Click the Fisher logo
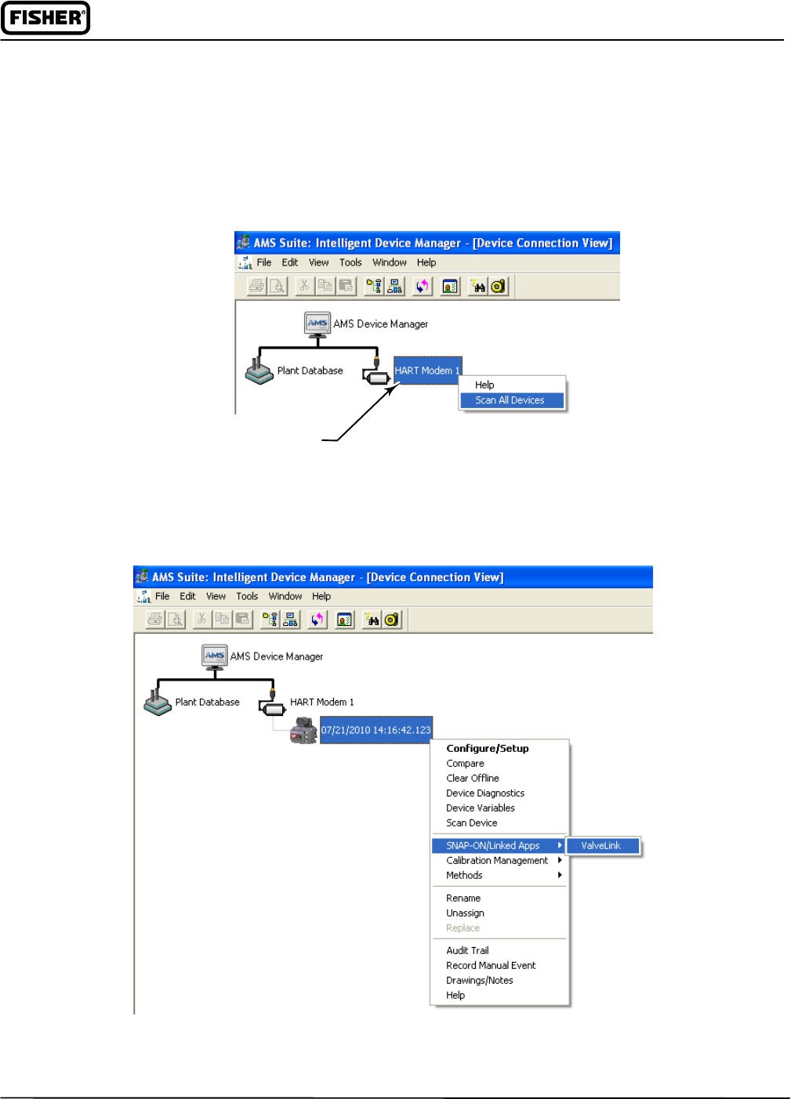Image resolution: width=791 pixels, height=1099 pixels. pos(45,18)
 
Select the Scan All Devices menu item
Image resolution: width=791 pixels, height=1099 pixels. pos(510,400)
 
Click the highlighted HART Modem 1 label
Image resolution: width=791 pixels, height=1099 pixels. pos(427,371)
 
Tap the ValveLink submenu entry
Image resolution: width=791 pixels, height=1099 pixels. pos(601,846)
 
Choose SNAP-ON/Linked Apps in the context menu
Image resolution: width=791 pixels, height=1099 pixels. pos(493,846)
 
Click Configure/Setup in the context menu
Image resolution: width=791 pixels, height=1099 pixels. pos(488,749)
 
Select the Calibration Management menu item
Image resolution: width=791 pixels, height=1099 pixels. pos(497,861)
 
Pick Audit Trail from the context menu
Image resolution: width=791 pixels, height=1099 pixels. pos(467,951)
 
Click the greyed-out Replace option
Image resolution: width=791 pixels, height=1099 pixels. pos(463,928)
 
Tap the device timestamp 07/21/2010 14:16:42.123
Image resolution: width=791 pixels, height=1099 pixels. pos(376,730)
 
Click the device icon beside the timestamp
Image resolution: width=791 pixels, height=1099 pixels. pos(303,730)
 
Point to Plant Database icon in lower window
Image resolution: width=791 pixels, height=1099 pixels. pos(158,700)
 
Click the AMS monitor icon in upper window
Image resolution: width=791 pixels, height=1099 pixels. pos(317,324)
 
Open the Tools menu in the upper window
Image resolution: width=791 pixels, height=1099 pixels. pos(350,263)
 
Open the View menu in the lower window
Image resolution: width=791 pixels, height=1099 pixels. pos(216,597)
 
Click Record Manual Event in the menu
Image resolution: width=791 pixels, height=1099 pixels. pos(491,966)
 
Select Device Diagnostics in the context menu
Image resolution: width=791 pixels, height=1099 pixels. pos(485,794)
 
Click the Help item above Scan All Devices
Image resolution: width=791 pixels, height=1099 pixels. pos(484,385)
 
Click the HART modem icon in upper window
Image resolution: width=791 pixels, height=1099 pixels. pos(377,375)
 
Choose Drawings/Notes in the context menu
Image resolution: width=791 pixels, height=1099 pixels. pos(480,981)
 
